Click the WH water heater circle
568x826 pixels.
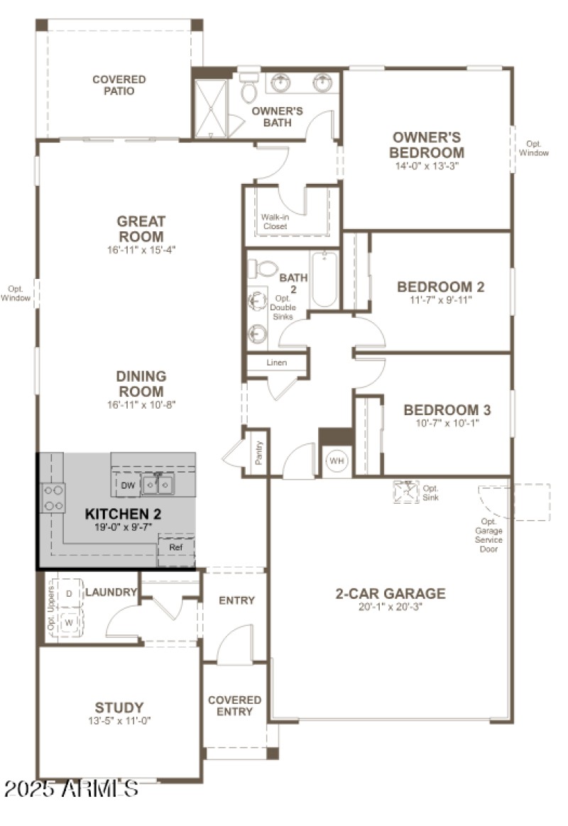pyautogui.click(x=337, y=461)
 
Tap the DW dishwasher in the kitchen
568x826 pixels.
pyautogui.click(x=128, y=485)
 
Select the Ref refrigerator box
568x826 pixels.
pyautogui.click(x=175, y=548)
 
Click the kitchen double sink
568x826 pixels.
pyautogui.click(x=158, y=485)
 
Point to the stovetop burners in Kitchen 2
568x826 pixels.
pyautogui.click(x=53, y=497)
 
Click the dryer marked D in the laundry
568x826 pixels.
pyautogui.click(x=70, y=593)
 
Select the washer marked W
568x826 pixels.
pyautogui.click(x=70, y=623)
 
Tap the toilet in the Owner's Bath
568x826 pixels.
pyautogui.click(x=248, y=89)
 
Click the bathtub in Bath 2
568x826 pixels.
pyautogui.click(x=324, y=280)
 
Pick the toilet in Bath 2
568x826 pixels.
pyautogui.click(x=265, y=269)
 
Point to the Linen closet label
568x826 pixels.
pyautogui.click(x=276, y=363)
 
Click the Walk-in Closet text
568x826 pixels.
pyautogui.click(x=274, y=221)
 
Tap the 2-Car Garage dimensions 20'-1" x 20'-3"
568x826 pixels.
pyautogui.click(x=390, y=607)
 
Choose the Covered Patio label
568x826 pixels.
pyautogui.click(x=119, y=85)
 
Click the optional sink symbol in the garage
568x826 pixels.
pyautogui.click(x=406, y=492)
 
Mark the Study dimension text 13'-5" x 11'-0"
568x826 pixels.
pyautogui.click(x=119, y=720)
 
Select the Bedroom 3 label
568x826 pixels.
pyautogui.click(x=447, y=410)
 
